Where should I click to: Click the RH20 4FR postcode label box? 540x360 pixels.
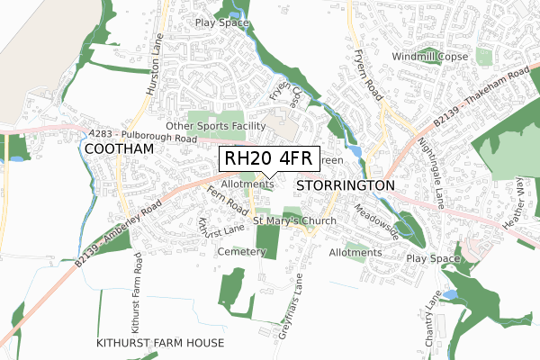[267, 159]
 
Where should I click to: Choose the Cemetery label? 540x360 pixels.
[241, 252]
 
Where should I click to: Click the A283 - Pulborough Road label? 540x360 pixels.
[142, 137]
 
